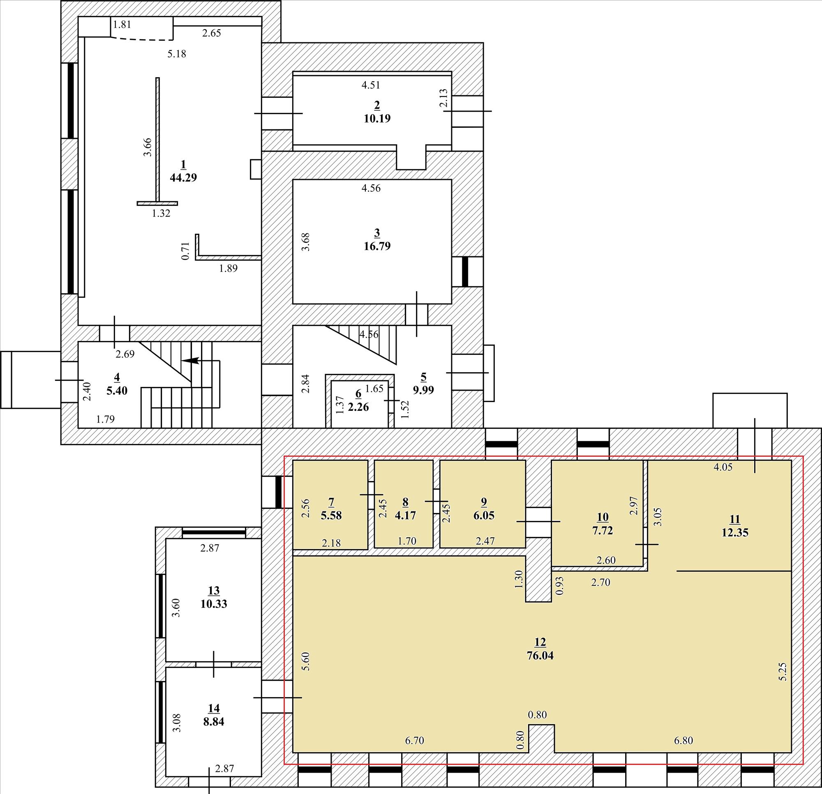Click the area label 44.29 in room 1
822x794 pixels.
183,178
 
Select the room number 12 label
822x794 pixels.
540,642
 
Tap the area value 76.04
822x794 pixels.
540,655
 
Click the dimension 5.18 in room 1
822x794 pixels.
177,54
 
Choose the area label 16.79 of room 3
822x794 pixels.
377,246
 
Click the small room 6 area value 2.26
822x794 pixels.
358,407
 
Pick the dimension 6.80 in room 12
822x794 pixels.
683,740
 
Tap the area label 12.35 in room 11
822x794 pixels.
735,533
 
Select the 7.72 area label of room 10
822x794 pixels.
602,530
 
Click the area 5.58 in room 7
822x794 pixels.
331,515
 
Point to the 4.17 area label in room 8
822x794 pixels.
405,515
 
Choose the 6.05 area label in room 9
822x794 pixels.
484,515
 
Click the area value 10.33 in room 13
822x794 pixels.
213,604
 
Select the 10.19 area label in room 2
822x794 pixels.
377,119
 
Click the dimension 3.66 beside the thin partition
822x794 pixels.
148,147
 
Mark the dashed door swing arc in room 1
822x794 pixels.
142,39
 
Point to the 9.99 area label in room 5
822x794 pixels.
423,390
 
